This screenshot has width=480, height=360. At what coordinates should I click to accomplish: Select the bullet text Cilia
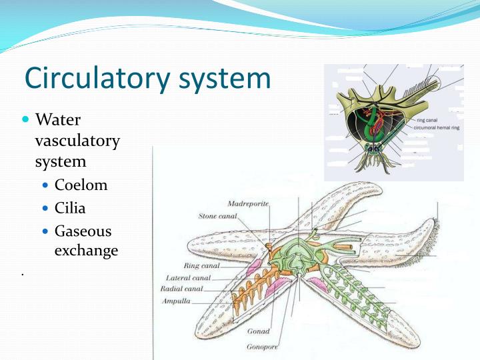pyautogui.click(x=70, y=208)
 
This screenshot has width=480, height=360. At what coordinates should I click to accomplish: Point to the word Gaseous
pyautogui.click(x=83, y=231)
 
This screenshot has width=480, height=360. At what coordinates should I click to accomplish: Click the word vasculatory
pyautogui.click(x=77, y=141)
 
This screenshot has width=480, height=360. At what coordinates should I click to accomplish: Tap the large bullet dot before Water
pyautogui.click(x=26, y=120)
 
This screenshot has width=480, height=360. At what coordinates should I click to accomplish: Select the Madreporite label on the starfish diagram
pyautogui.click(x=247, y=203)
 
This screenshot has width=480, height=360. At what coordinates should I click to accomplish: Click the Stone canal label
pyautogui.click(x=218, y=217)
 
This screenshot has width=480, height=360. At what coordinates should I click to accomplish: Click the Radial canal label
pyautogui.click(x=182, y=289)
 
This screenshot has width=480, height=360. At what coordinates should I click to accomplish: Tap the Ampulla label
pyautogui.click(x=176, y=301)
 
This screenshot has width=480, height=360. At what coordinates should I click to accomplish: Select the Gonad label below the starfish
pyautogui.click(x=258, y=331)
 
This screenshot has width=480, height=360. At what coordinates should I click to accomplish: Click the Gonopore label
pyautogui.click(x=261, y=347)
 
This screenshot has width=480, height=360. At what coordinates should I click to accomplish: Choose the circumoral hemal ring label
pyautogui.click(x=437, y=126)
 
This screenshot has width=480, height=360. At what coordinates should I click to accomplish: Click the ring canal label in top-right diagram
pyautogui.click(x=426, y=120)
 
